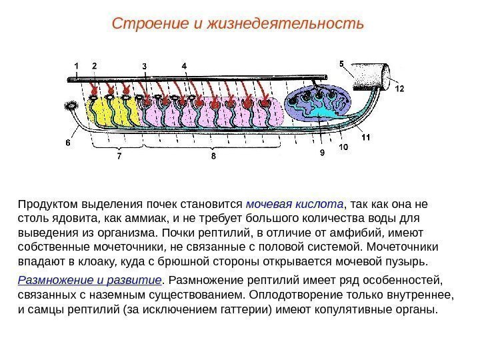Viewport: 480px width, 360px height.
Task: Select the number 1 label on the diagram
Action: [77, 65]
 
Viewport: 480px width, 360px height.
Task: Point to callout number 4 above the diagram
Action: [184, 65]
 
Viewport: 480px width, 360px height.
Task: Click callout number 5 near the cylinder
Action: [341, 65]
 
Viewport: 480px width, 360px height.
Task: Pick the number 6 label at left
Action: [68, 142]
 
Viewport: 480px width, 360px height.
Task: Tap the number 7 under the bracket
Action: [119, 157]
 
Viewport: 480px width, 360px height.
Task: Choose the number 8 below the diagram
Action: [213, 157]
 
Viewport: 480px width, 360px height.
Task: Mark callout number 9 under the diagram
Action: [322, 153]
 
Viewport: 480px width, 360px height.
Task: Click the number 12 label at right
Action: [399, 87]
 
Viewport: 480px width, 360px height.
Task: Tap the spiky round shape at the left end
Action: [71, 105]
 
